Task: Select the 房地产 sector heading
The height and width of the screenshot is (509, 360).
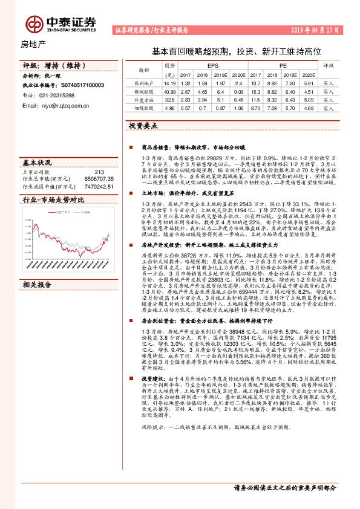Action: click(33, 45)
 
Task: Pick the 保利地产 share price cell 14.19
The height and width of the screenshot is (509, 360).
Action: click(169, 82)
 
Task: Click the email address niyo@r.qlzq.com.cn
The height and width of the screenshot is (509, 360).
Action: click(65, 105)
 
